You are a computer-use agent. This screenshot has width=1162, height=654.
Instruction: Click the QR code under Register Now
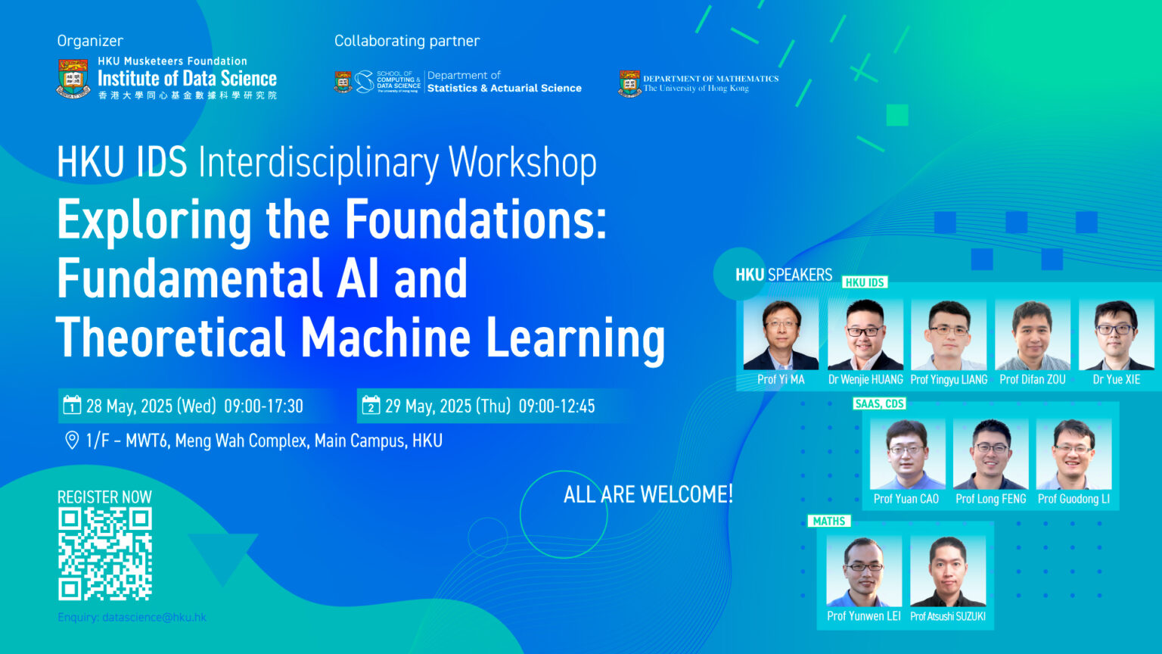pyautogui.click(x=105, y=554)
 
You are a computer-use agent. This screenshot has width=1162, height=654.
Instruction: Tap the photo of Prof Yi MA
pyautogui.click(x=781, y=334)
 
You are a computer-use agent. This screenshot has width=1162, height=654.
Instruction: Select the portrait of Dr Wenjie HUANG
pyautogui.click(x=865, y=334)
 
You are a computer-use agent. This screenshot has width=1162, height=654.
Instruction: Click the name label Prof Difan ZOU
pyautogui.click(x=1032, y=380)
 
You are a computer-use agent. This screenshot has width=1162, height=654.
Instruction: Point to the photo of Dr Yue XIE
pyautogui.click(x=1116, y=334)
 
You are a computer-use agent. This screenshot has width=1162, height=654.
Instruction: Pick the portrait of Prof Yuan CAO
pyautogui.click(x=906, y=453)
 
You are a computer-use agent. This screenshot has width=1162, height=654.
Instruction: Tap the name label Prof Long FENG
pyautogui.click(x=990, y=500)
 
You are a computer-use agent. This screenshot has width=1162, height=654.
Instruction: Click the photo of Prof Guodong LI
pyautogui.click(x=1073, y=453)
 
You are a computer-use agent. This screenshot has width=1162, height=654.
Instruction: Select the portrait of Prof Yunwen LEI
pyautogui.click(x=864, y=571)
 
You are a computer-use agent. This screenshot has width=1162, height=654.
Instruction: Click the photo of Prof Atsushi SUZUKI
pyautogui.click(x=947, y=571)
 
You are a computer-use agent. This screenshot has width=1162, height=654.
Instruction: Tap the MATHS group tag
pyautogui.click(x=829, y=522)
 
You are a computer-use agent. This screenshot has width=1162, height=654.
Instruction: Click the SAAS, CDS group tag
pyautogui.click(x=879, y=404)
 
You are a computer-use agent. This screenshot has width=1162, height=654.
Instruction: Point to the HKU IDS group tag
pyautogui.click(x=865, y=282)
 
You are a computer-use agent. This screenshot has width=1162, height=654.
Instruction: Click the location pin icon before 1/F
pyautogui.click(x=72, y=440)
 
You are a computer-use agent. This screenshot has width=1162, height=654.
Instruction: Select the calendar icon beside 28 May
pyautogui.click(x=72, y=405)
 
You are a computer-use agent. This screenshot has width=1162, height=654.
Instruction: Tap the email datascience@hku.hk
pyautogui.click(x=154, y=618)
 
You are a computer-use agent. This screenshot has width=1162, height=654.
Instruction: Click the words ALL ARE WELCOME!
pyautogui.click(x=648, y=495)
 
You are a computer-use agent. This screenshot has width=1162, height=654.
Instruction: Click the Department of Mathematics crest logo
pyautogui.click(x=629, y=83)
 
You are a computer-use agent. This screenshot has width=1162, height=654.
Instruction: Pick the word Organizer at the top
pyautogui.click(x=90, y=41)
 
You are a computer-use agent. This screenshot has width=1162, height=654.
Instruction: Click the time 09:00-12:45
pyautogui.click(x=557, y=406)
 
